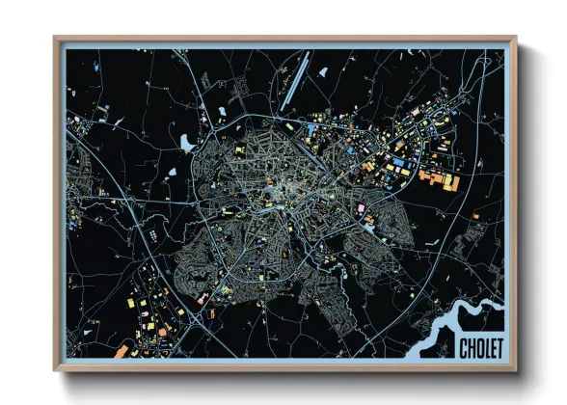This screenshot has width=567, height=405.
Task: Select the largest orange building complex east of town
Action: click(x=439, y=178)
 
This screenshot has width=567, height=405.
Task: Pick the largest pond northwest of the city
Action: click(x=185, y=143)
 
